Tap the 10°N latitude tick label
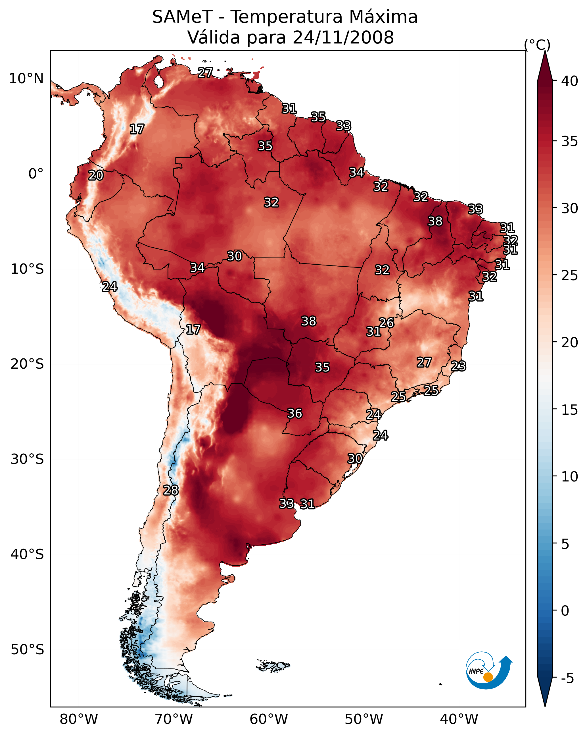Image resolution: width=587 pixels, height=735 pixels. click(26, 79)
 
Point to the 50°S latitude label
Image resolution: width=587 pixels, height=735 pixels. click(27, 649)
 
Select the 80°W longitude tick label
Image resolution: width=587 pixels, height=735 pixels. click(79, 719)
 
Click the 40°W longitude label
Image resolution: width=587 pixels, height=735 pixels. click(459, 719)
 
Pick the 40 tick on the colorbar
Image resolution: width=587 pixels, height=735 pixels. click(570, 81)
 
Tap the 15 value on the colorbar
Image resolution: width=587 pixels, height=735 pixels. click(570, 410)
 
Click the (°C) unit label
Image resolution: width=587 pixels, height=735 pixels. click(537, 45)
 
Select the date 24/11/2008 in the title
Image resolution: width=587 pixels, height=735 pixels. click(343, 38)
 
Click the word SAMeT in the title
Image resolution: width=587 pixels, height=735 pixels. click(182, 17)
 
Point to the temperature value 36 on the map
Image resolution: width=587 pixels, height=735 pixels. click(295, 414)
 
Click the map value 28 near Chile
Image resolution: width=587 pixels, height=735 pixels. click(171, 490)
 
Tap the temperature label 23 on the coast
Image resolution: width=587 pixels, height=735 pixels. click(458, 366)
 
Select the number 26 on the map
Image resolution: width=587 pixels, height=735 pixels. click(386, 323)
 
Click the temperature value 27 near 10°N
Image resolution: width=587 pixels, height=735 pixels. click(205, 72)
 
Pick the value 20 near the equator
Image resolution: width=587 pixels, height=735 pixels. click(96, 176)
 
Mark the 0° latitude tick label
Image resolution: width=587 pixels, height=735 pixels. click(36, 174)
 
